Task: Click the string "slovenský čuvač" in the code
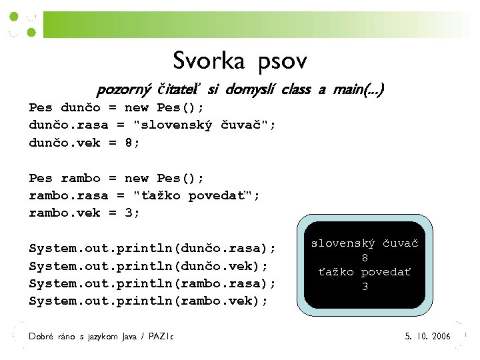pos(204,125)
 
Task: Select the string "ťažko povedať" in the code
pos(196,195)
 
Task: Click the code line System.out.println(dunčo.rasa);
pos(152,249)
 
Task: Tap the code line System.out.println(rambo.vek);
pos(148,301)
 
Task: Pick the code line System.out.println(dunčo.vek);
pos(148,266)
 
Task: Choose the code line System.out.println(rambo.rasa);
pos(152,283)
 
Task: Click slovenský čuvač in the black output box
pos(365,244)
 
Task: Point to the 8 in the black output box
pos(365,258)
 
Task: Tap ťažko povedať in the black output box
pos(365,272)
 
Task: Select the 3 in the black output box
pos(365,287)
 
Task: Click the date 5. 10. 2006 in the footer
pos(428,337)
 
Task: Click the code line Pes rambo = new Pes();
pos(116,178)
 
